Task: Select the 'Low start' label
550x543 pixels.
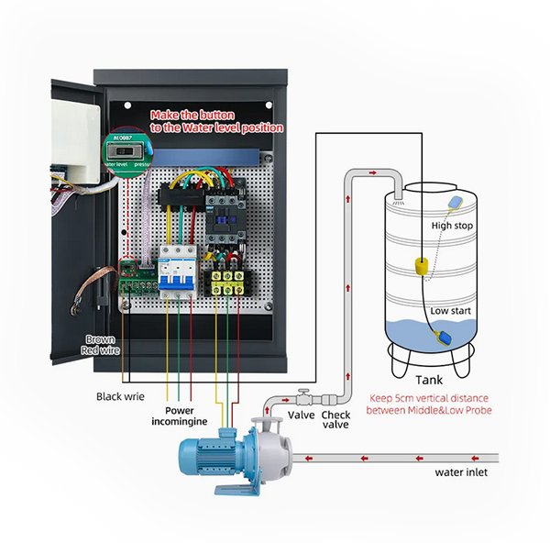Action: click(x=452, y=311)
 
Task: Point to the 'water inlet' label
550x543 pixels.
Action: click(x=460, y=472)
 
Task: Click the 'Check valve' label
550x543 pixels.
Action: click(x=335, y=420)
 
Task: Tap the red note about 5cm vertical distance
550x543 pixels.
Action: click(x=430, y=404)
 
